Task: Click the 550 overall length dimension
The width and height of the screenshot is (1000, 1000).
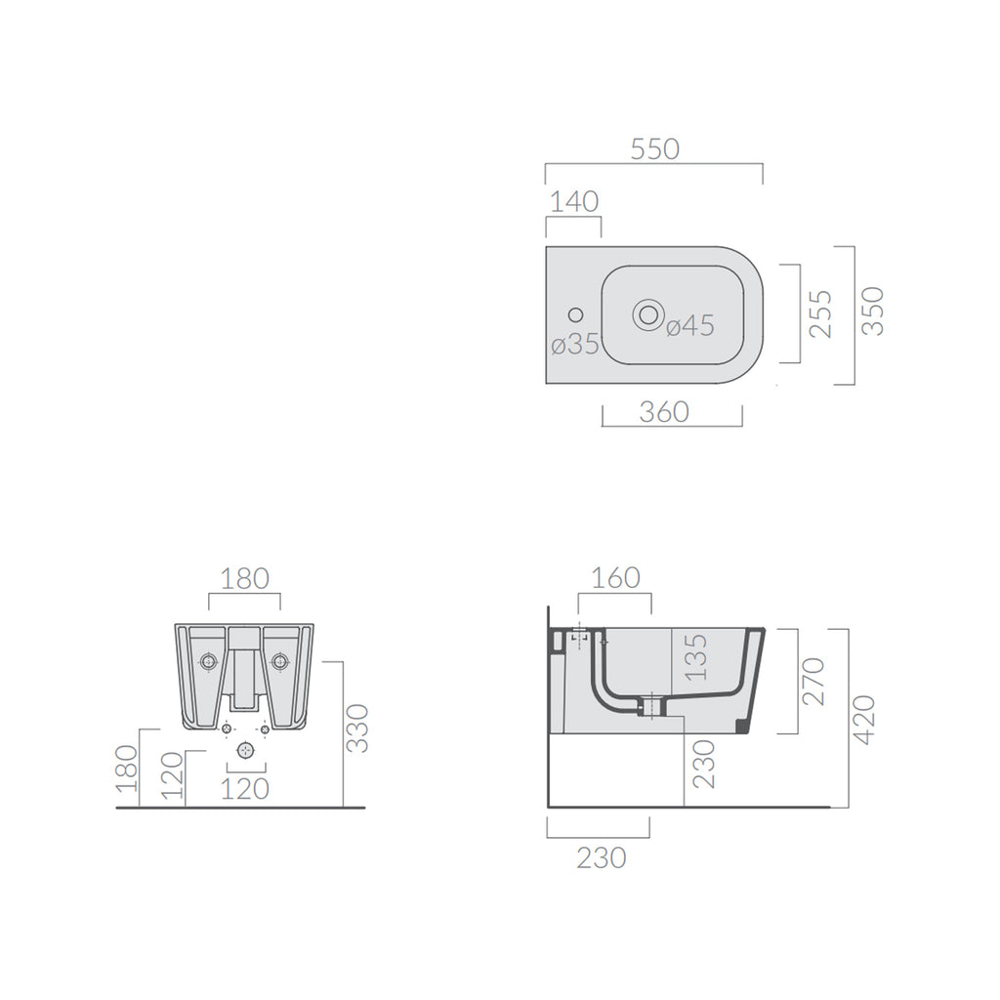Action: click(x=653, y=149)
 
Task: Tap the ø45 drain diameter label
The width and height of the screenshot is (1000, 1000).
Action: click(x=690, y=326)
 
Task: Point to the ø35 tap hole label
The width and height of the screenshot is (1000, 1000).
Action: click(x=574, y=345)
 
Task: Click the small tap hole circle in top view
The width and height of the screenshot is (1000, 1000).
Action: click(x=574, y=314)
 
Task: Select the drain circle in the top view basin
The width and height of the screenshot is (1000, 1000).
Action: click(x=646, y=314)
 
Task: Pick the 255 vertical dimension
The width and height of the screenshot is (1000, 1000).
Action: click(x=821, y=312)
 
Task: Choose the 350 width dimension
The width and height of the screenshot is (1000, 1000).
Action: click(x=874, y=311)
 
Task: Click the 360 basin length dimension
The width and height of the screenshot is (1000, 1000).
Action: click(x=664, y=412)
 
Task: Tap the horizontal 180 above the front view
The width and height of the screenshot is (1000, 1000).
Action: click(x=244, y=578)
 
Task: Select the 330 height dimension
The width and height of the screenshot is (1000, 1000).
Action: click(x=359, y=729)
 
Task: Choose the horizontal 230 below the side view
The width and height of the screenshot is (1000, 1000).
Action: click(x=602, y=857)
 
